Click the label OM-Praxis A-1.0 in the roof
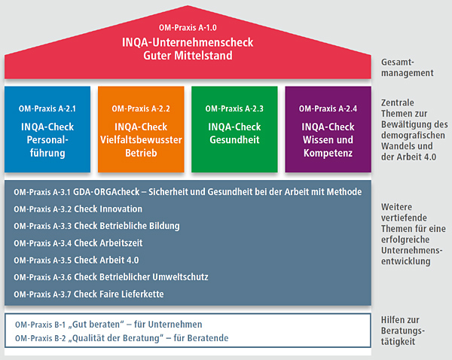click(188, 28)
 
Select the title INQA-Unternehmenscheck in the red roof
click(188, 42)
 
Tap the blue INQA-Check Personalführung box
click(47, 130)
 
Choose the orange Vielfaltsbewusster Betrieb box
click(141, 130)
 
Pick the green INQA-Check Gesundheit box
click(234, 130)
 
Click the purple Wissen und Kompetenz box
click(328, 130)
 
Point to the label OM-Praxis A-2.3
click(234, 108)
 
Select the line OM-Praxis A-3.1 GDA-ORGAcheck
click(188, 192)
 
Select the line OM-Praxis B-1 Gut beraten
click(108, 325)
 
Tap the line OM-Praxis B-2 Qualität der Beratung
click(121, 338)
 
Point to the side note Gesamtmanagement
click(407, 68)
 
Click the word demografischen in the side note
click(413, 136)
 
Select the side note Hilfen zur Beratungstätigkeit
click(403, 331)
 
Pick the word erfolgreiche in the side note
click(405, 239)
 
